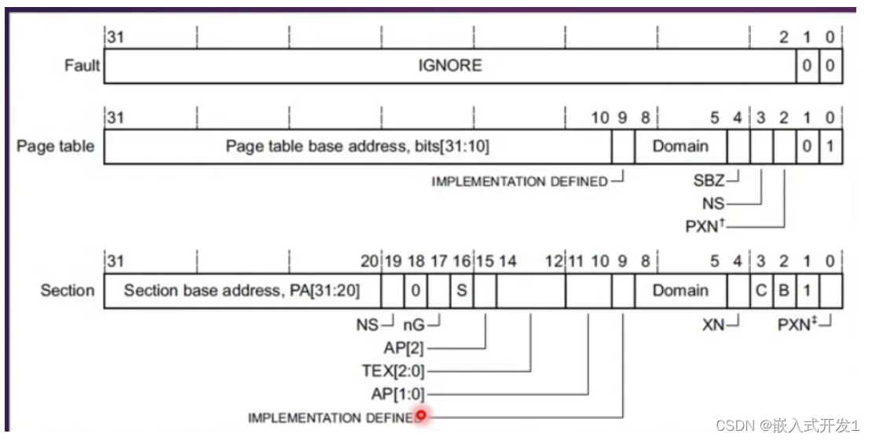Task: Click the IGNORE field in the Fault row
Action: pos(449,66)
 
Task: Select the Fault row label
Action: pos(82,65)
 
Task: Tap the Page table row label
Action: pos(55,146)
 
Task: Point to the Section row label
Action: pos(68,290)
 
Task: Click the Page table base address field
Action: pos(357,146)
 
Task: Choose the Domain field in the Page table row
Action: pos(680,146)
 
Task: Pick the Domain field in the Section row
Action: pos(680,290)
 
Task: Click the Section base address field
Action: pos(241,290)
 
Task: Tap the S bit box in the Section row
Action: pos(462,290)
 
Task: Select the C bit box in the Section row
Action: pos(760,290)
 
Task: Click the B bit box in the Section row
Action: pos(783,290)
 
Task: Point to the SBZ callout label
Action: pos(709,181)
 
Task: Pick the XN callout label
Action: pos(713,323)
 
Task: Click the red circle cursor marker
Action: pos(422,416)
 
